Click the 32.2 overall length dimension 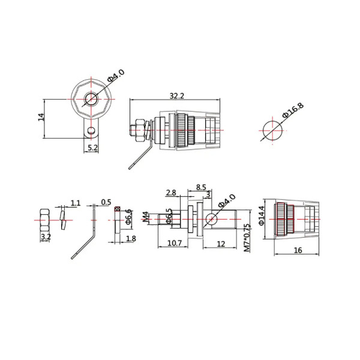click(177, 96)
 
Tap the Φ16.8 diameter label click(293, 110)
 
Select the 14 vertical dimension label click(41, 117)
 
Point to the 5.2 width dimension click(93, 148)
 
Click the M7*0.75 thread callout click(247, 238)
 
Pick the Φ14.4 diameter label click(262, 215)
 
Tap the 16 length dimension click(298, 250)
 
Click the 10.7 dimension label click(175, 243)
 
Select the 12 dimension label click(221, 244)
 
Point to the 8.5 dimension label click(201, 187)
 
